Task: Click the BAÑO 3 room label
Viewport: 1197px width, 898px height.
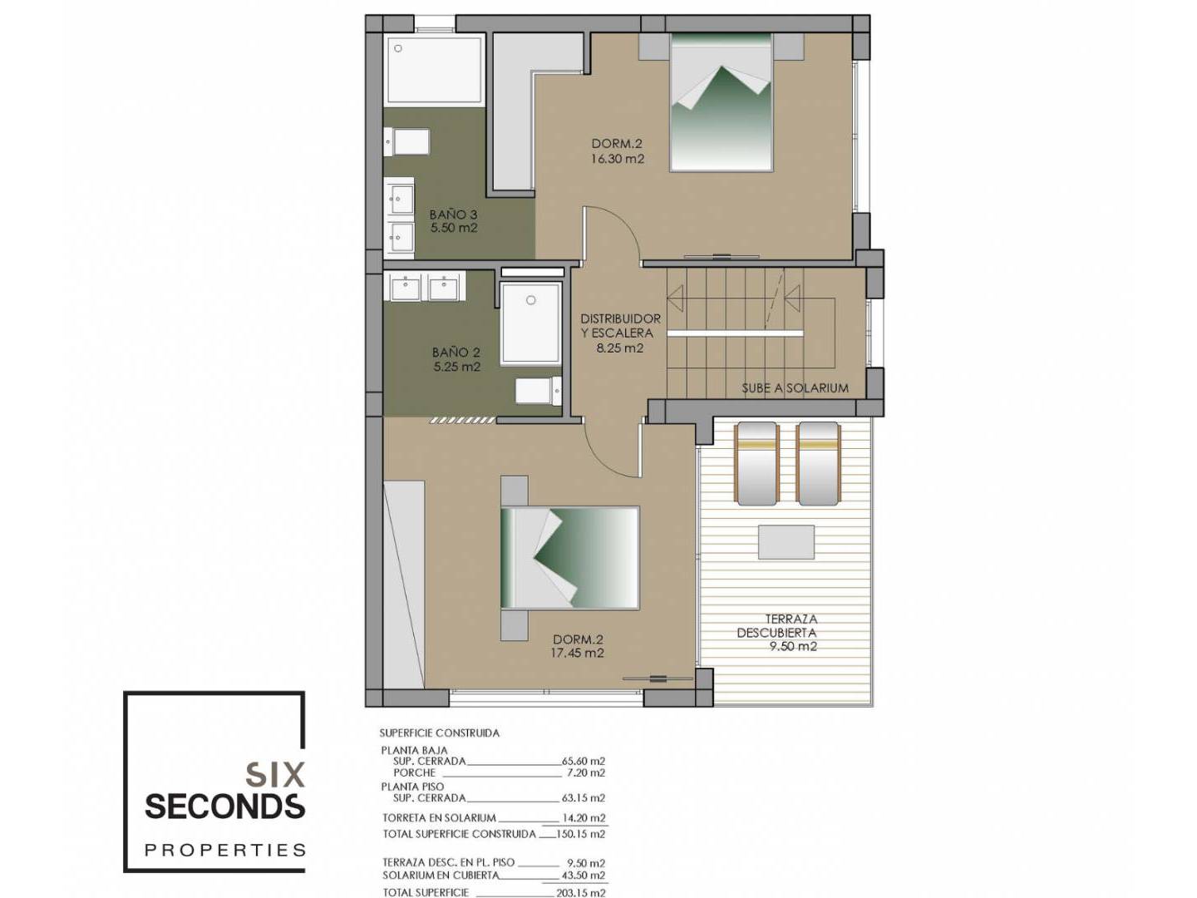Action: tap(453, 215)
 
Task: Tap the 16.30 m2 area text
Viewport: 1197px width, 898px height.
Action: tap(618, 159)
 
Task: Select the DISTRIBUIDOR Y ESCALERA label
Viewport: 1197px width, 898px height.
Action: tap(620, 325)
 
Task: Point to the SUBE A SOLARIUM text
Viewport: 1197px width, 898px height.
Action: tap(795, 388)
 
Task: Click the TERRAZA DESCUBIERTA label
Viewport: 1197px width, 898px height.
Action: tap(776, 626)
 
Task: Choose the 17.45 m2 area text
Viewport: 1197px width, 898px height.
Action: tap(578, 653)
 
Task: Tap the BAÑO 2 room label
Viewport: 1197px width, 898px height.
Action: tap(456, 353)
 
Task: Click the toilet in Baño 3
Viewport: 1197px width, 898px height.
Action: tap(406, 141)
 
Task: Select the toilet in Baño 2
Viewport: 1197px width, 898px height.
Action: tap(539, 391)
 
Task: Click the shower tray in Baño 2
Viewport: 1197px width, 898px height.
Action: tap(530, 323)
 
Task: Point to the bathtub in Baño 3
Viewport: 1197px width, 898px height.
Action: tap(434, 70)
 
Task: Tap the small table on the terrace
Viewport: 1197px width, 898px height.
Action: tap(786, 542)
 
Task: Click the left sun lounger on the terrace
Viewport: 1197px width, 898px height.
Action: tap(756, 463)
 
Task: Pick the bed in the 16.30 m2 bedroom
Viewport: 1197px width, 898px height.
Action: tap(722, 102)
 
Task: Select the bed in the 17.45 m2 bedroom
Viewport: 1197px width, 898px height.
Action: tap(570, 558)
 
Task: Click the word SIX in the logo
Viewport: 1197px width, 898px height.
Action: tap(275, 775)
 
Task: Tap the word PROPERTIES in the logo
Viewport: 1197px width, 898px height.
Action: tap(224, 850)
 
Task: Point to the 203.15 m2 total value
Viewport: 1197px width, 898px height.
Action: tap(580, 892)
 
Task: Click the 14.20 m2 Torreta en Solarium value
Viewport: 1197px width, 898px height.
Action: tap(584, 818)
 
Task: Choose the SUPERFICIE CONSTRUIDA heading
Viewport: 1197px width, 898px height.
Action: tap(440, 733)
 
